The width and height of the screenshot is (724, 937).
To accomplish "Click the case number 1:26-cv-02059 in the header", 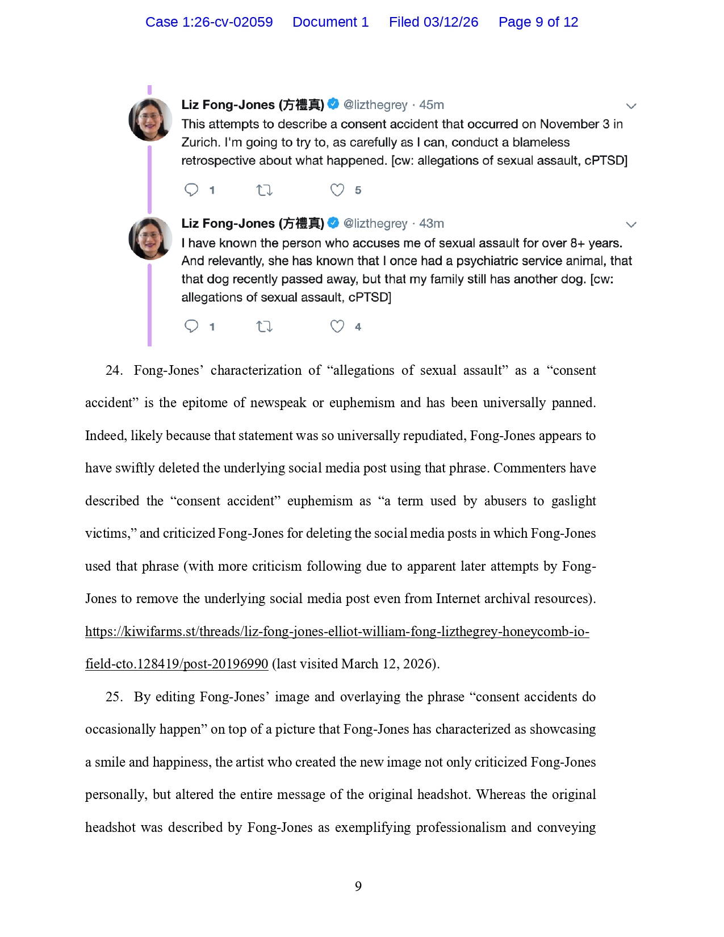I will [227, 22].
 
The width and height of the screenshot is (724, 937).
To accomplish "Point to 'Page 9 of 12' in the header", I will [538, 22].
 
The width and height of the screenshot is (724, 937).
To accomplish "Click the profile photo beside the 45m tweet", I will [150, 119].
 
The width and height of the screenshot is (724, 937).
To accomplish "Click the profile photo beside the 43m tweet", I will [150, 239].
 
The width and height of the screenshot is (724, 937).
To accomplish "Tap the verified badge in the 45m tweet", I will [333, 104].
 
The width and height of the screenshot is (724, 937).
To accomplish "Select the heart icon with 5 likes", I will [337, 190].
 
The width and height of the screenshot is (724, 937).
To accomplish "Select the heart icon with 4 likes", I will [337, 327].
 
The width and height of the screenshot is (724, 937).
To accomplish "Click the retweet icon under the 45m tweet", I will [264, 190].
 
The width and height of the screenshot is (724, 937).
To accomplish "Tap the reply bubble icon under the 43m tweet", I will [191, 327].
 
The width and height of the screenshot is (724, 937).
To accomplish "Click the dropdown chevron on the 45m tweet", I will [631, 106].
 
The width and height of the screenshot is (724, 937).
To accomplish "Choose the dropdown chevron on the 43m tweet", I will [631, 225].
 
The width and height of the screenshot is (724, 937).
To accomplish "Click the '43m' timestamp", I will [432, 224].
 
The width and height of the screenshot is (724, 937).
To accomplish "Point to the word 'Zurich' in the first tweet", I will [200, 143].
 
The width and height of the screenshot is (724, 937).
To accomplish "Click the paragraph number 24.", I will [114, 371].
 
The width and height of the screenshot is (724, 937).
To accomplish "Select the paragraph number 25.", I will [114, 697].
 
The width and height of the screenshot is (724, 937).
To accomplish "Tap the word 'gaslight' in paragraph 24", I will [574, 501].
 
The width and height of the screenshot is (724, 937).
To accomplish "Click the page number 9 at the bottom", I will [358, 886].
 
